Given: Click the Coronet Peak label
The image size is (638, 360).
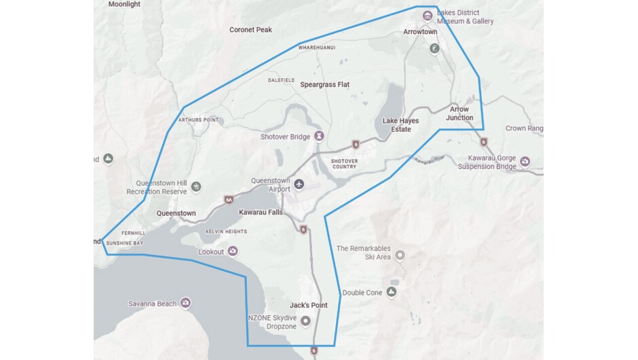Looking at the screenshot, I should pyautogui.click(x=250, y=30).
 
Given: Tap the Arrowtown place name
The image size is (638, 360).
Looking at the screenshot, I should pyautogui.click(x=420, y=32).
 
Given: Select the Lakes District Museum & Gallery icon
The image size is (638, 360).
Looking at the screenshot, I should pyautogui.click(x=428, y=15).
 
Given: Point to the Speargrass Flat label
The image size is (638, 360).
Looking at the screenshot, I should pyautogui.click(x=324, y=85).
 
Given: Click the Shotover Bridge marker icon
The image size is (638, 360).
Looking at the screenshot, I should pyautogui.click(x=318, y=137).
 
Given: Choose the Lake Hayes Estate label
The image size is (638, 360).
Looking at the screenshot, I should pyautogui.click(x=400, y=125).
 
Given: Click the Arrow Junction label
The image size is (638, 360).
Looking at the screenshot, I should pyautogui.click(x=459, y=113).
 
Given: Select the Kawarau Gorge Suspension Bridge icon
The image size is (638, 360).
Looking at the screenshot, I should pyautogui.click(x=525, y=162).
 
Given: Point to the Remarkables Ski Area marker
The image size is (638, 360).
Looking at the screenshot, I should pyautogui.click(x=400, y=255).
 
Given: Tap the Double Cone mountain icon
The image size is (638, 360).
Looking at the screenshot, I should pyautogui.click(x=391, y=292).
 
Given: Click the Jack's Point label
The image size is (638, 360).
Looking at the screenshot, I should pyautogui.click(x=308, y=306).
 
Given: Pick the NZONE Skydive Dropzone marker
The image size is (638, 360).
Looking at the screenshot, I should pyautogui.click(x=305, y=321).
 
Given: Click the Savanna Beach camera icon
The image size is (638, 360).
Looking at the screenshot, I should pyautogui.click(x=185, y=303).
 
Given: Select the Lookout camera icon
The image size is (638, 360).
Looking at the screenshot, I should pyautogui.click(x=233, y=252).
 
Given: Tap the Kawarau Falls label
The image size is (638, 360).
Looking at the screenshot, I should pyautogui.click(x=261, y=213).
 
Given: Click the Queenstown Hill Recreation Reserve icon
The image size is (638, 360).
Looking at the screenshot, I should pyautogui.click(x=196, y=186).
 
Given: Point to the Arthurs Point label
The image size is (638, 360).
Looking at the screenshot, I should pyautogui.click(x=198, y=120).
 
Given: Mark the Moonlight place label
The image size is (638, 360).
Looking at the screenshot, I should pyautogui.click(x=124, y=4).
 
